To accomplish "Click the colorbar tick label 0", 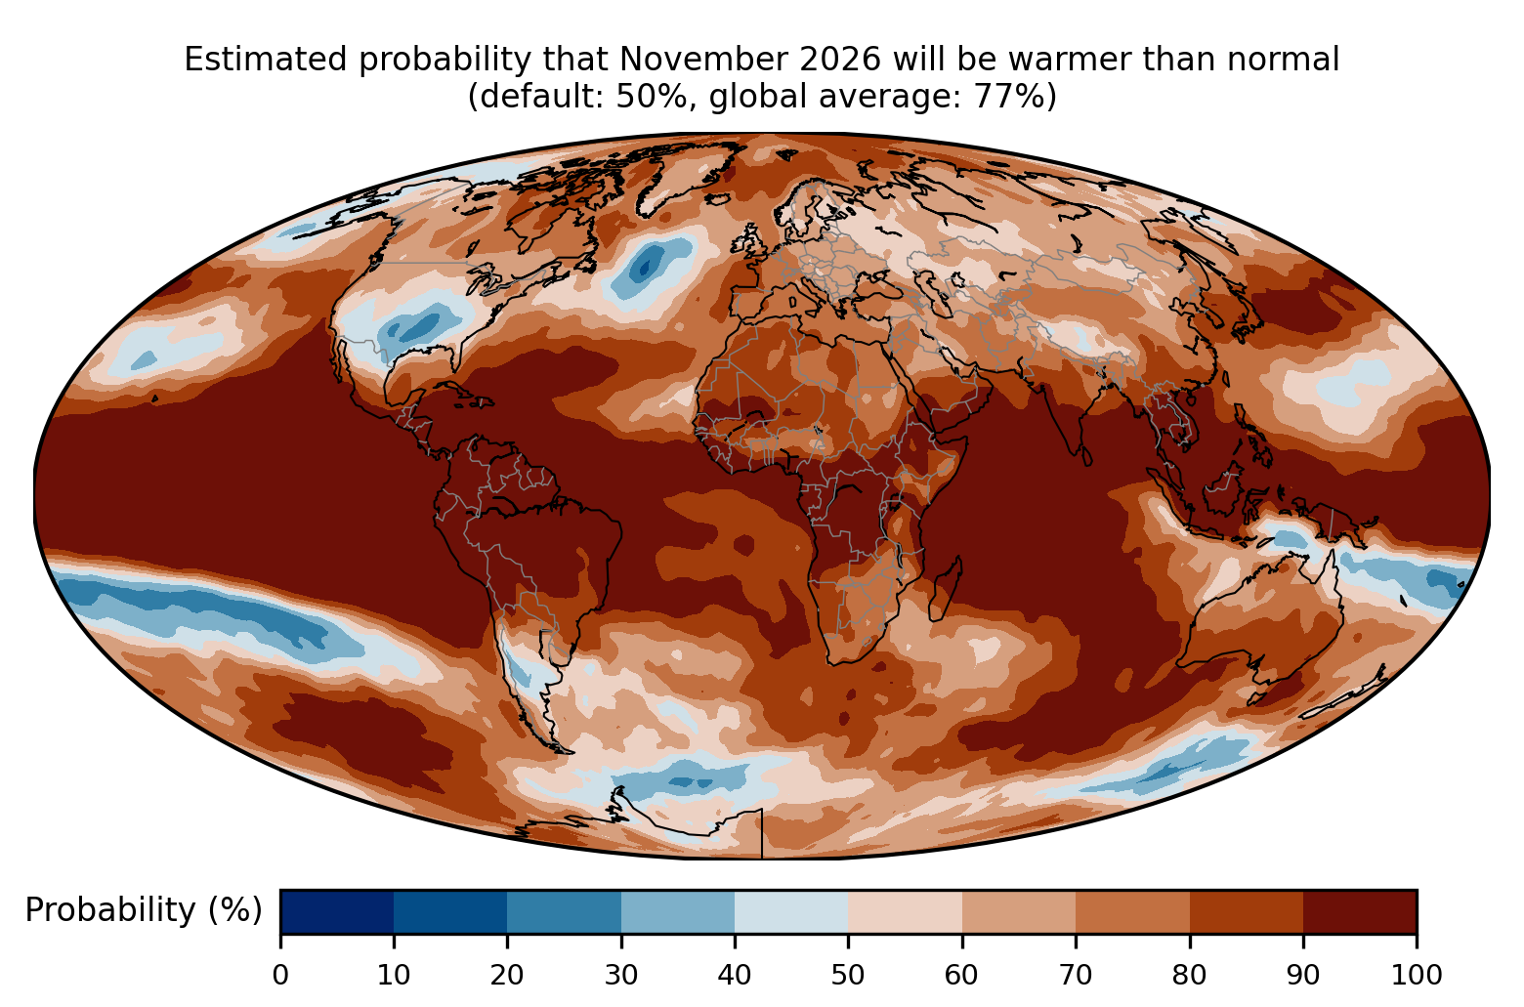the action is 280,975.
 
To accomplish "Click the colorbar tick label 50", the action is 848,975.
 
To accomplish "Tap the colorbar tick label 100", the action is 1417,975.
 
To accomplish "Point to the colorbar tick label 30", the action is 621,975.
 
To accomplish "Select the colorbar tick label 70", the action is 1076,975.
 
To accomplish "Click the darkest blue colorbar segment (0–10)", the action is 337,911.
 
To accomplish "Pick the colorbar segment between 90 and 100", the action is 1360,911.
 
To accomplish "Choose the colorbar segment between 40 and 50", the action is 791,911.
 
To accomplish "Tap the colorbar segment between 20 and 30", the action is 564,911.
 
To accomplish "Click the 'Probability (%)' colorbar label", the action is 144,910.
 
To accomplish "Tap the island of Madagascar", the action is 945,589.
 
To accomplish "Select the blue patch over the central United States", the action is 418,325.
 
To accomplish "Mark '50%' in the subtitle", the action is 650,96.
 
